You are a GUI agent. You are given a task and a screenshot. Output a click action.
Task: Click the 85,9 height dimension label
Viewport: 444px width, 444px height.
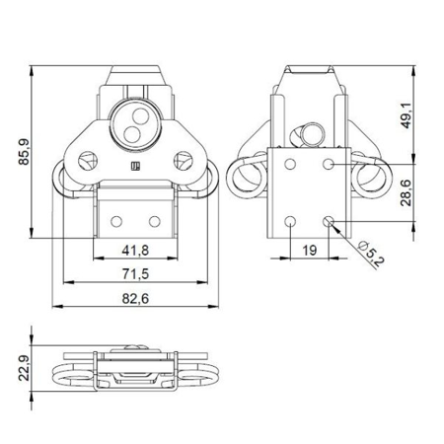pyautogui.click(x=23, y=153)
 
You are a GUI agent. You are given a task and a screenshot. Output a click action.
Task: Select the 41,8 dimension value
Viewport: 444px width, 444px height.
pyautogui.click(x=136, y=249)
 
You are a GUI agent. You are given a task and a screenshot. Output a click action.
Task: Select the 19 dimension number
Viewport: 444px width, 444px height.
pyautogui.click(x=309, y=250)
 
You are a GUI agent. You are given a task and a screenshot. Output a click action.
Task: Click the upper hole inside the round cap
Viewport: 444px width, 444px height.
pyautogui.click(x=131, y=110)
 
